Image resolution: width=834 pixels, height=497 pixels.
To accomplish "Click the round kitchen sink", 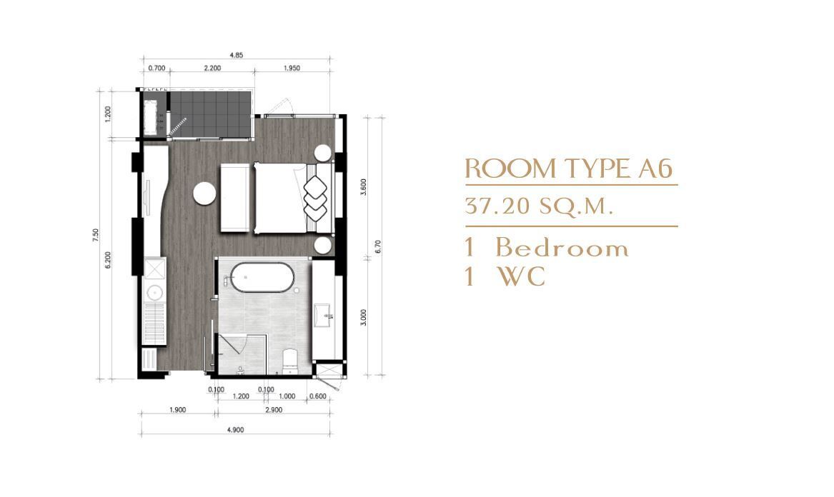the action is point(155,292).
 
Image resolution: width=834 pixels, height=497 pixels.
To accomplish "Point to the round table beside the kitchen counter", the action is point(204,193).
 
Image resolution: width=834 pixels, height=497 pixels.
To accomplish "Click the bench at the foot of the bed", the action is point(237,198).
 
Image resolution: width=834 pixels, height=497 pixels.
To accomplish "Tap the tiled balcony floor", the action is point(211,113).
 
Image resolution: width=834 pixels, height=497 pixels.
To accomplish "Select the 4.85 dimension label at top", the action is point(236,55).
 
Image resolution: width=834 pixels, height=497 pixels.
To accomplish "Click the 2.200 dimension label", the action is point(212,68).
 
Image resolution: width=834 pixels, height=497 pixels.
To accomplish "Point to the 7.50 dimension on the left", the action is point(96,235).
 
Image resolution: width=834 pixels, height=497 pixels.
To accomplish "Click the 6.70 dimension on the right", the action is point(377,246).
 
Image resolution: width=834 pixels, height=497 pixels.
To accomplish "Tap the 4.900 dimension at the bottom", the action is point(235,429).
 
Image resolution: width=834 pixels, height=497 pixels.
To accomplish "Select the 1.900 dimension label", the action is point(177,410).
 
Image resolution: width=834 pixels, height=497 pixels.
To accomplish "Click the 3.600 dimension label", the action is point(363,186).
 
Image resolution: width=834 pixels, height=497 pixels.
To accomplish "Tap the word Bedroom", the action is point(562,248).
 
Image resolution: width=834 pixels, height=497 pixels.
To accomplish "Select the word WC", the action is point(521,276).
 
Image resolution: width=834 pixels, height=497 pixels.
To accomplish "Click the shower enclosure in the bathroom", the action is point(242,355).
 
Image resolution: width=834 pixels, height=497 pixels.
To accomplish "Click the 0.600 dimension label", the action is point(317,396).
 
